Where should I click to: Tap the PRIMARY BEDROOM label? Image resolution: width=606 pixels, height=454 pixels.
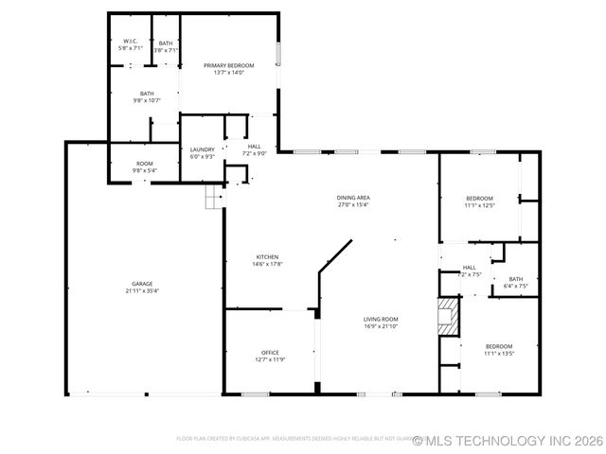pos(229,65)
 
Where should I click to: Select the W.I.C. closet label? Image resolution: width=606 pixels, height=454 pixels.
pos(131,41)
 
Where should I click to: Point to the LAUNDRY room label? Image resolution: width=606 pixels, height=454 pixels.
pos(203,148)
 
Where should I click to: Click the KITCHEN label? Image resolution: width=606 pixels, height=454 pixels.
pos(268,258)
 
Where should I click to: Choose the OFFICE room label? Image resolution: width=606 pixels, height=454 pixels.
pos(270,352)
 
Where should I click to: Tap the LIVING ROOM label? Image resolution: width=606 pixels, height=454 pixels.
pos(381,319)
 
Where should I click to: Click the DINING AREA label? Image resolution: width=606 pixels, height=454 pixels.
pos(353,197)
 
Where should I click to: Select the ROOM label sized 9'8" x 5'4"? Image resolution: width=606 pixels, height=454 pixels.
pos(144,164)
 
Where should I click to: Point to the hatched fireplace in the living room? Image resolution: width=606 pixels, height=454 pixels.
pos(447,316)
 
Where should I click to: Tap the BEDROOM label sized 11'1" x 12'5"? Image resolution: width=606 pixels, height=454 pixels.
pos(480,199)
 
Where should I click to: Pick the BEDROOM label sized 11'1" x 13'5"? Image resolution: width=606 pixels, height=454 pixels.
pos(499,346)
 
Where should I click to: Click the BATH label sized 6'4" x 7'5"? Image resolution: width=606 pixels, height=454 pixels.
pos(515,279)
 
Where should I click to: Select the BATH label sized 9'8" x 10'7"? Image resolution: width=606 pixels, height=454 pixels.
pos(147,93)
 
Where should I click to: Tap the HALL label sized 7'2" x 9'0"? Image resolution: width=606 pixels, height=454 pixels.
pos(255,147)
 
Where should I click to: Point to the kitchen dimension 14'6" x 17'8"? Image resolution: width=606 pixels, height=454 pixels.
pos(268,265)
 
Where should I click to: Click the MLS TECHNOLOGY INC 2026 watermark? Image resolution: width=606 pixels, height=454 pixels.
pos(508,440)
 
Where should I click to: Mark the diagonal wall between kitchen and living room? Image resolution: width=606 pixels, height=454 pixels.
pos(335,256)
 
